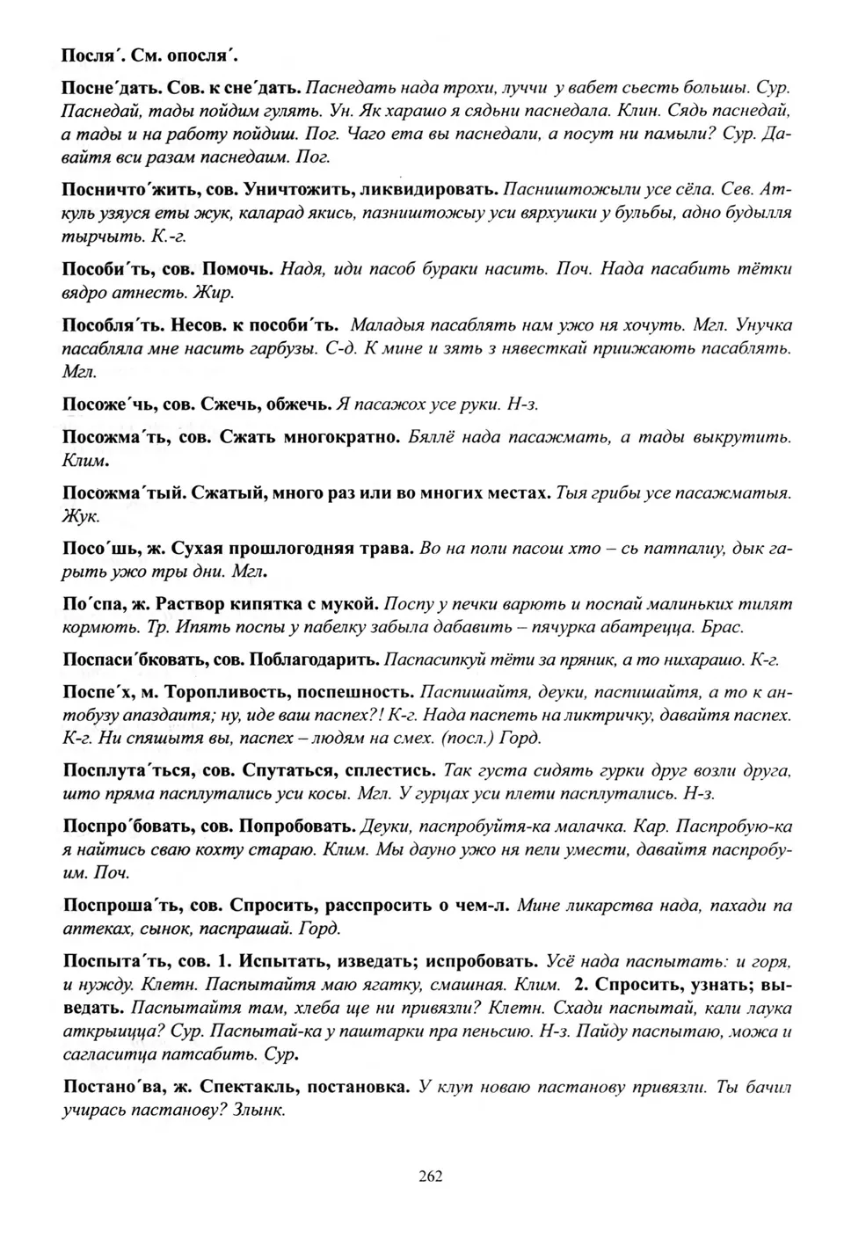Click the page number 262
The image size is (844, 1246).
tap(431, 1177)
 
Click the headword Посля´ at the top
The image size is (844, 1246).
tap(90, 55)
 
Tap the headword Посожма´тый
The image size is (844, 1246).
tap(121, 493)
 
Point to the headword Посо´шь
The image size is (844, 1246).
tap(97, 549)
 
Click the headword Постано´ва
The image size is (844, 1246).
tap(113, 1087)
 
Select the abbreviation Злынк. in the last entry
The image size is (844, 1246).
tap(260, 1110)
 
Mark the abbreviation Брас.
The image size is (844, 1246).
tap(726, 627)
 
